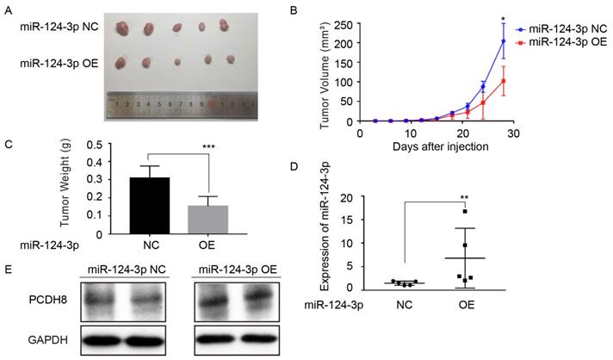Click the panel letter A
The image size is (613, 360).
tap(9, 10)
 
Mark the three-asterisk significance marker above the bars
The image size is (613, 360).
tap(208, 147)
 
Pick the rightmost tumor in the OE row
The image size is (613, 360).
tap(230, 60)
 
